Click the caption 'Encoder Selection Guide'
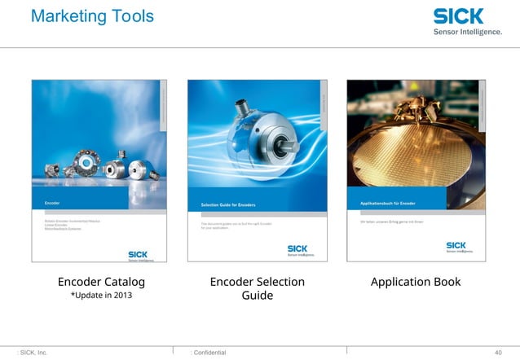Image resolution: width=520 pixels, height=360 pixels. (x=257, y=288)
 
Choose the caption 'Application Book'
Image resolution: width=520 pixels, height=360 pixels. (x=415, y=282)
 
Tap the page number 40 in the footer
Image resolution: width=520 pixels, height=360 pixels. (x=499, y=352)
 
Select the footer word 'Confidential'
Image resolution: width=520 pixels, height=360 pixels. (x=209, y=352)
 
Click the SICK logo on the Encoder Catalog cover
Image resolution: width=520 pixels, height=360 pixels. (x=136, y=254)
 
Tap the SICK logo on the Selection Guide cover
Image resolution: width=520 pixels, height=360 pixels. (x=297, y=248)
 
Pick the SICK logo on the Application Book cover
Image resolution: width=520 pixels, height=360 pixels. (x=456, y=245)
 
